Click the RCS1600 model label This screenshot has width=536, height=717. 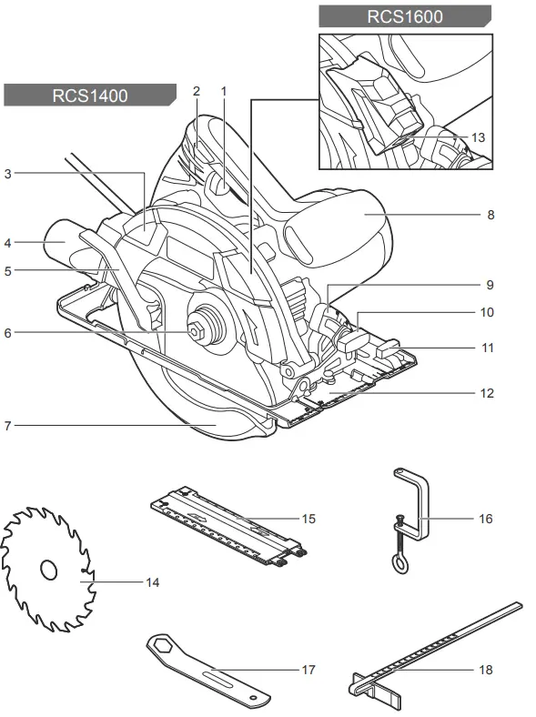pos(404,15)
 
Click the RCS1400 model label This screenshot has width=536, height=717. pos(90,95)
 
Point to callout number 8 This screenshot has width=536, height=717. pos(490,216)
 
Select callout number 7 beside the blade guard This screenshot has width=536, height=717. pos(8,425)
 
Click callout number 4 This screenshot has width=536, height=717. pos(8,243)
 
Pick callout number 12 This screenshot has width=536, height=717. pos(487,394)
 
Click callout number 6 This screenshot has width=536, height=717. pos(8,333)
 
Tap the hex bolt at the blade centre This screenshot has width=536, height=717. pos(196,332)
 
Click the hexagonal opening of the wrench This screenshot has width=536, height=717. pos(162,644)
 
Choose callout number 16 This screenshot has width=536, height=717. pos(485,519)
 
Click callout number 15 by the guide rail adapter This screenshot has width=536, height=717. pos(308,519)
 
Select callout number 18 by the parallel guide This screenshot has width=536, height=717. pos(485,670)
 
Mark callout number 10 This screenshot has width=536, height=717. pos(487,312)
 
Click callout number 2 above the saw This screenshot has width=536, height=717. pos(196,91)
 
